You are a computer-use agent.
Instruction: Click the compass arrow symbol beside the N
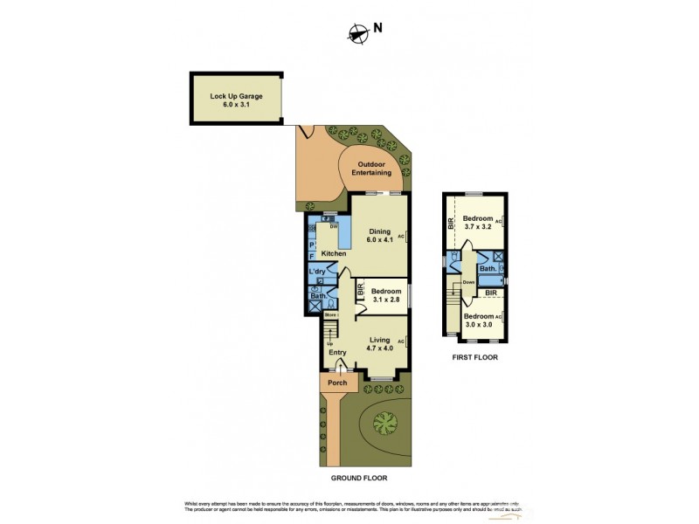click(x=356, y=34)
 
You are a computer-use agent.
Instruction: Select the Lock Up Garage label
click(x=236, y=100)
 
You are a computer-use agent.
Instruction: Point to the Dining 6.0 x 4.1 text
click(x=379, y=236)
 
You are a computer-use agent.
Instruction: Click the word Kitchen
click(x=334, y=254)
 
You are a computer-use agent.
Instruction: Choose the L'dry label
click(x=318, y=272)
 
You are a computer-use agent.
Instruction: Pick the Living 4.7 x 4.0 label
click(x=379, y=344)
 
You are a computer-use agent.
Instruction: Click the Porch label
click(x=337, y=383)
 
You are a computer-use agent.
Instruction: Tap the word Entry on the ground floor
click(x=337, y=353)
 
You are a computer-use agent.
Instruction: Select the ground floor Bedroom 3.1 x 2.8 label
click(x=384, y=295)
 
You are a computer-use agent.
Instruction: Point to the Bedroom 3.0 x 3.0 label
click(x=478, y=320)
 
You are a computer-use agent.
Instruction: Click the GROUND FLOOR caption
click(x=358, y=479)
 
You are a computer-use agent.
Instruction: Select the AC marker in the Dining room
click(x=401, y=236)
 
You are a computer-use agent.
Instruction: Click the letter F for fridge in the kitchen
click(x=312, y=257)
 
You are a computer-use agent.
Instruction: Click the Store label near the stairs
click(x=331, y=314)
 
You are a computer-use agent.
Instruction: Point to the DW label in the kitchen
click(x=333, y=225)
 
